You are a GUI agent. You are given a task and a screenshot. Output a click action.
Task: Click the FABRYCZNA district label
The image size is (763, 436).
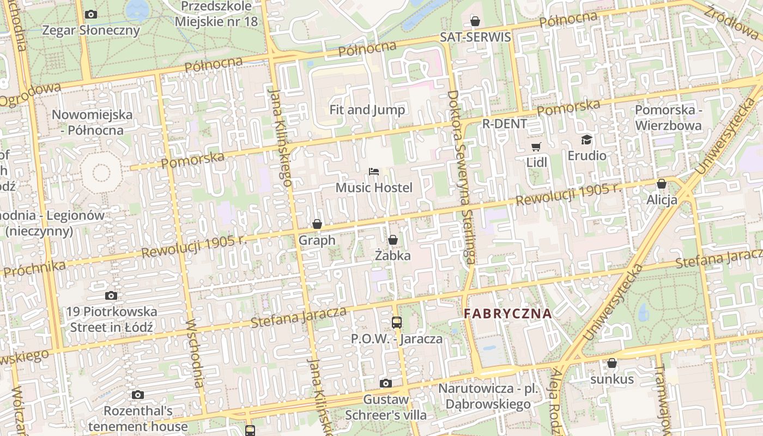[507, 313]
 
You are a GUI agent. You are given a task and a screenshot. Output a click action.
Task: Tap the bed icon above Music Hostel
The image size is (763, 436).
[374, 172]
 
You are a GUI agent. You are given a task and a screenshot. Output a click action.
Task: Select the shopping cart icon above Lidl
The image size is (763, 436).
[536, 147]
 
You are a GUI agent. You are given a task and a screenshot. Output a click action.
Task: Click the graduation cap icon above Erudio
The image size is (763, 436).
[586, 140]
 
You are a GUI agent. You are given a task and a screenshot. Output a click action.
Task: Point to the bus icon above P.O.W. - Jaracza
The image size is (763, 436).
[397, 322]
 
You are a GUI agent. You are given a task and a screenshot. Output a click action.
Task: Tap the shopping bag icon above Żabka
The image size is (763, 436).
[393, 240]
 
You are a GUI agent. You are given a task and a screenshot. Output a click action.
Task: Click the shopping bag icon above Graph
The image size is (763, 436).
[317, 224]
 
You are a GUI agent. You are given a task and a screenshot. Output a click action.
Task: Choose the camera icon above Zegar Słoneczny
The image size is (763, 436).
[91, 15]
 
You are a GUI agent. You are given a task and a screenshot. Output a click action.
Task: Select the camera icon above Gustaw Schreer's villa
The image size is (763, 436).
[386, 383]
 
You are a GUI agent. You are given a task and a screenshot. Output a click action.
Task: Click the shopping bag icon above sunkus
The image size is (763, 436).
[612, 363]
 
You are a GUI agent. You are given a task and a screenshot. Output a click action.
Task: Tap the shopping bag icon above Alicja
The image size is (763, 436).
[662, 184]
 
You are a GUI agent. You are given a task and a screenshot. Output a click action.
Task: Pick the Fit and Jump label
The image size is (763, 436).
[367, 110]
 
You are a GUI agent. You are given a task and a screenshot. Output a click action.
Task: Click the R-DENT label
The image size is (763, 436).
[505, 124]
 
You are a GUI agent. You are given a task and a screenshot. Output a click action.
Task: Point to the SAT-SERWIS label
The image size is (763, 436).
[475, 37]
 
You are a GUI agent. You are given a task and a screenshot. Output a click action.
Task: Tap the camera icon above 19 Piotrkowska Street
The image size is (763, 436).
[111, 296]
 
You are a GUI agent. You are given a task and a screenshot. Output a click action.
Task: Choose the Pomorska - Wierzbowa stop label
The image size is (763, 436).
[668, 118]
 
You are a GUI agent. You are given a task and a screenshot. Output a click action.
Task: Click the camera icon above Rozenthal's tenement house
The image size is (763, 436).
[138, 395]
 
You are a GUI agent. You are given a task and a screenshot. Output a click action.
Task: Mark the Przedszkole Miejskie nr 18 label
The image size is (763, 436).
[216, 14]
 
